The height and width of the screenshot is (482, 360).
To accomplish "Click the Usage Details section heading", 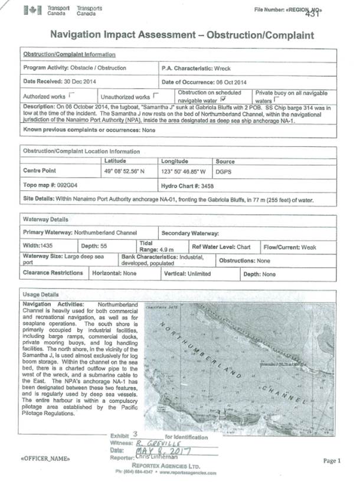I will coord(41,295).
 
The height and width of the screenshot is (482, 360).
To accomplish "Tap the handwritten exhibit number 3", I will coord(135,434).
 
